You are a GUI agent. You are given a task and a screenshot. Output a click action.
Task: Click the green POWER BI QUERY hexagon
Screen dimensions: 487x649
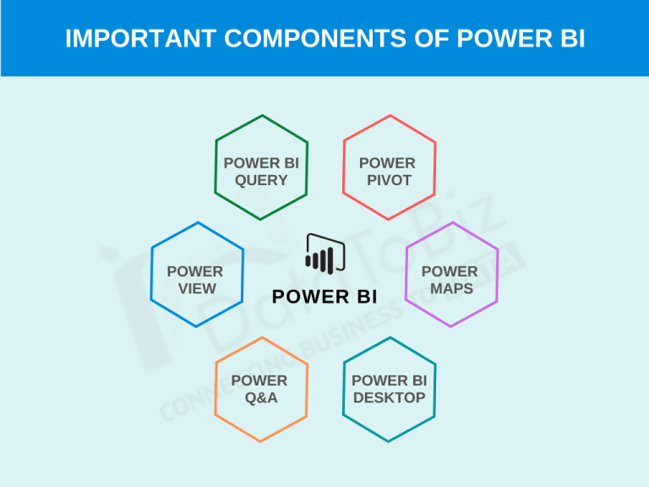tap(261, 167)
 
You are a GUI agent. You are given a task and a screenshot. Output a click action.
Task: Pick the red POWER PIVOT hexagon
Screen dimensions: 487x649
tap(389, 167)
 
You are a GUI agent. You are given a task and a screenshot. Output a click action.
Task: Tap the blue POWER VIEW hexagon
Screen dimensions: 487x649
tap(197, 275)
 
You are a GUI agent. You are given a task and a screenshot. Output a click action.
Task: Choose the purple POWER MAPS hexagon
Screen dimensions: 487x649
tap(452, 275)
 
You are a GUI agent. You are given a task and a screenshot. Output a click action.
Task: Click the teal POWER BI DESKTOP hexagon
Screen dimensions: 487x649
tap(389, 389)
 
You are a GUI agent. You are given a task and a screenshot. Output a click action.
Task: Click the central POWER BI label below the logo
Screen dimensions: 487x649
tap(325, 297)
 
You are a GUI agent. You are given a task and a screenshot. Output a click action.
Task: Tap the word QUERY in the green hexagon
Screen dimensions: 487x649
tap(261, 180)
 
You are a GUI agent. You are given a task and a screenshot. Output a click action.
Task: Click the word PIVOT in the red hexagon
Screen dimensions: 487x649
tap(389, 180)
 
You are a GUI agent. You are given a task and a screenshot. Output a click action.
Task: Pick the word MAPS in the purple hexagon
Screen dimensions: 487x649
tap(450, 288)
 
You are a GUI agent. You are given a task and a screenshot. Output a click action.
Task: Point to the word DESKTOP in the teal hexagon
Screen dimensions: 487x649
tap(389, 397)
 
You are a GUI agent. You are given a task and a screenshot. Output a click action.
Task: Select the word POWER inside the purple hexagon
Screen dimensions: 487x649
tap(450, 271)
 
